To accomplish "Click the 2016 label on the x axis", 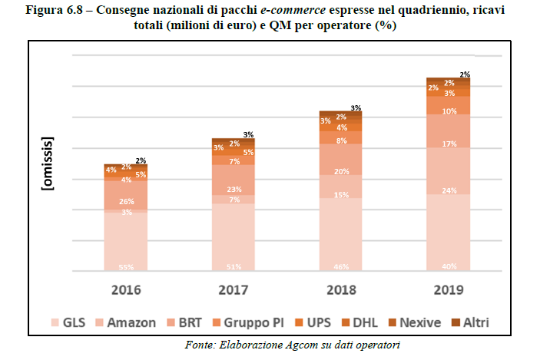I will click(126, 290).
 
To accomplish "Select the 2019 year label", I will click(448, 290).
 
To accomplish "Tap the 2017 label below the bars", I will click(234, 290).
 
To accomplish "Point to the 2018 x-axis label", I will click(341, 290).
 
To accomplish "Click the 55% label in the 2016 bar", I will click(126, 266).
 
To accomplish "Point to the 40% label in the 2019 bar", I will click(449, 266).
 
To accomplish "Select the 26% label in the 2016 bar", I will click(126, 202).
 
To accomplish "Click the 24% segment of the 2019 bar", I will click(449, 170).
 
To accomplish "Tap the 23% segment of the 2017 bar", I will click(234, 190).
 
